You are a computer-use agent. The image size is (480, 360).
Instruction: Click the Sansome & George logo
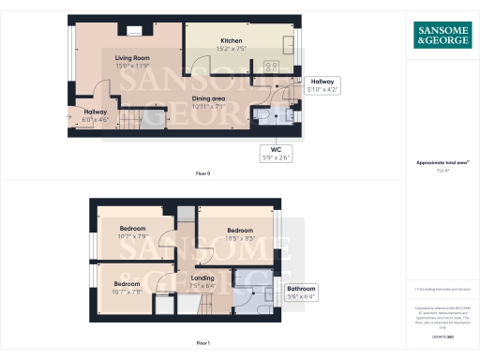point(442,35)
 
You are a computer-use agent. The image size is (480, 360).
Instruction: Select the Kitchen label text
point(232,44)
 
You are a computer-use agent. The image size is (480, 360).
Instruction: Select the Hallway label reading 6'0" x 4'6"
point(95,115)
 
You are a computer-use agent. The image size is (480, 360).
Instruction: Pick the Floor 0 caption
point(203,174)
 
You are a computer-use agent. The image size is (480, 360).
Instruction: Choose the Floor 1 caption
point(203,344)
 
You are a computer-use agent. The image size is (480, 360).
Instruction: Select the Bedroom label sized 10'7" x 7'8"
point(127,286)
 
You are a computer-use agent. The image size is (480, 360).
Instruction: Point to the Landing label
point(202,281)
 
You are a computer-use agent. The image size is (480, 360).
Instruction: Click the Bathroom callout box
point(302,291)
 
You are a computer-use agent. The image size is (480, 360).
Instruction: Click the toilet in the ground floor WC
point(262,116)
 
